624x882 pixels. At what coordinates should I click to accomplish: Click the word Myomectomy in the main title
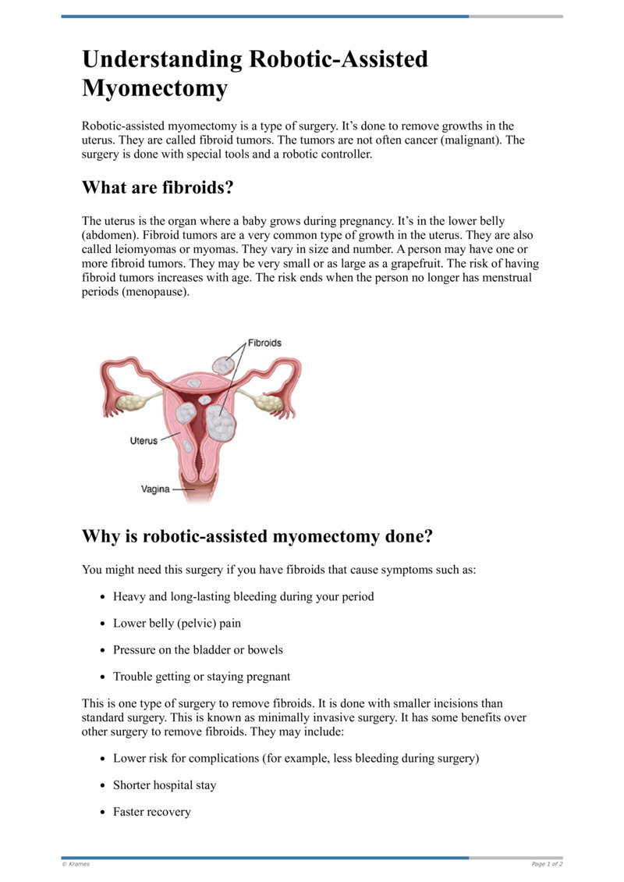click(x=154, y=88)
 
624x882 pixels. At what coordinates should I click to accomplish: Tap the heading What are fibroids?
click(x=158, y=188)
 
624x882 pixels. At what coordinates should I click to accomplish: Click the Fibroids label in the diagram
click(x=264, y=343)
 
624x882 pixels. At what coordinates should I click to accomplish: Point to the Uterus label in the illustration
click(x=143, y=441)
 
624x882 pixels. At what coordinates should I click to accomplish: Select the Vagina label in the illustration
click(x=155, y=489)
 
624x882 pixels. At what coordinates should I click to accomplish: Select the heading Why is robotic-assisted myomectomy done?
click(x=257, y=537)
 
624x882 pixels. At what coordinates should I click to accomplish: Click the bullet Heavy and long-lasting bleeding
click(x=243, y=596)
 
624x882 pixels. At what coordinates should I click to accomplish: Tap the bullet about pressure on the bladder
click(x=197, y=649)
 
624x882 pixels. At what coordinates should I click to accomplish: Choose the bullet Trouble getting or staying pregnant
click(x=201, y=676)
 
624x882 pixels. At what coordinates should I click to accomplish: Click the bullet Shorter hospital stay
click(x=165, y=785)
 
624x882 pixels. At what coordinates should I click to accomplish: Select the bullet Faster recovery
click(x=151, y=812)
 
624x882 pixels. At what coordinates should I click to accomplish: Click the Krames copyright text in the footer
click(x=76, y=864)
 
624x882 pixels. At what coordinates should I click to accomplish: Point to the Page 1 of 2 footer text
click(x=547, y=864)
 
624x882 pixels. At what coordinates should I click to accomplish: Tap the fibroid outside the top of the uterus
click(x=223, y=364)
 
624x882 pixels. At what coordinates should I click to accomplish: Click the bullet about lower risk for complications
click(x=296, y=759)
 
